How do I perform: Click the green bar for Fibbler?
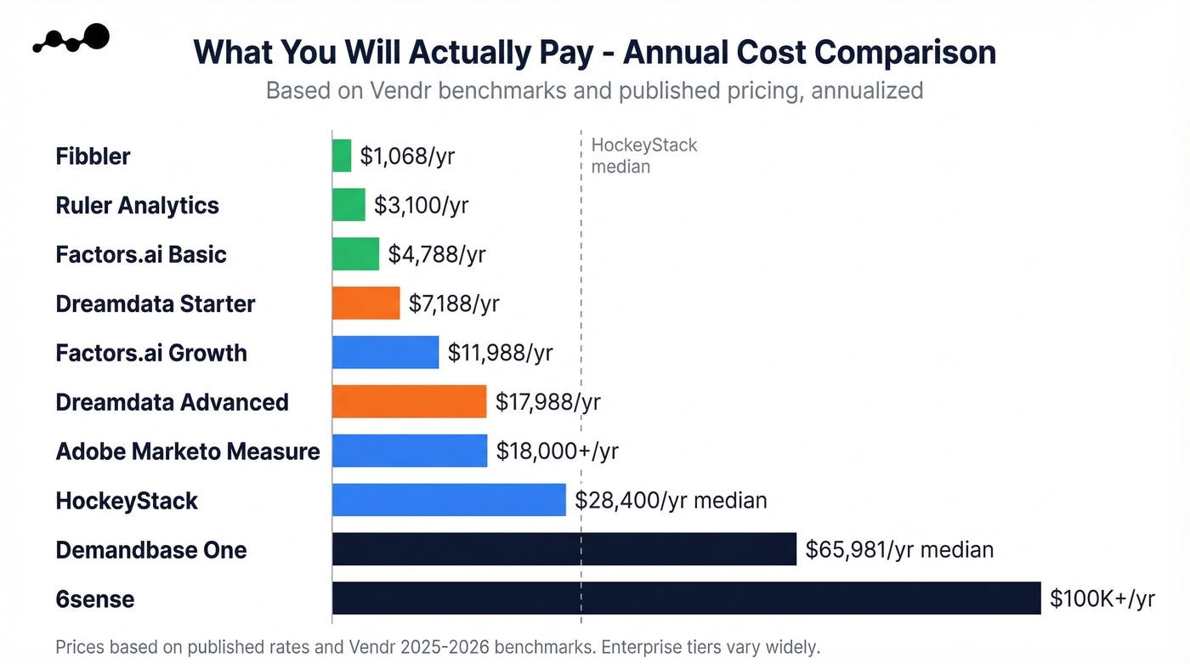click(x=342, y=156)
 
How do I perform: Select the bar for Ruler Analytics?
click(x=348, y=205)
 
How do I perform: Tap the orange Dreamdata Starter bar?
click(x=365, y=304)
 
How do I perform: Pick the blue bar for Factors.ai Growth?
click(x=385, y=353)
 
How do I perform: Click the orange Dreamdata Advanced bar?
click(x=409, y=402)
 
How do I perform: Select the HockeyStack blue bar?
click(x=449, y=500)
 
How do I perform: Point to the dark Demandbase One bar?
click(x=564, y=549)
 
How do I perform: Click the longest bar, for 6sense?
click(x=686, y=599)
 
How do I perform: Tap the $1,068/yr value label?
click(x=407, y=156)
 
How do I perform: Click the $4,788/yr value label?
click(x=437, y=254)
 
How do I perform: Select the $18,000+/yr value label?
click(x=557, y=451)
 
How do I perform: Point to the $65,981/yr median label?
click(x=899, y=550)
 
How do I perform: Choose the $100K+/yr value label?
click(x=1102, y=599)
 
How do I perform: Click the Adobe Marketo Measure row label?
click(x=188, y=451)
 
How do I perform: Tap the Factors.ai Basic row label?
click(x=141, y=254)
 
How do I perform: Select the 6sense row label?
click(x=95, y=599)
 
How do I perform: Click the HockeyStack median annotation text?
click(x=643, y=156)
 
